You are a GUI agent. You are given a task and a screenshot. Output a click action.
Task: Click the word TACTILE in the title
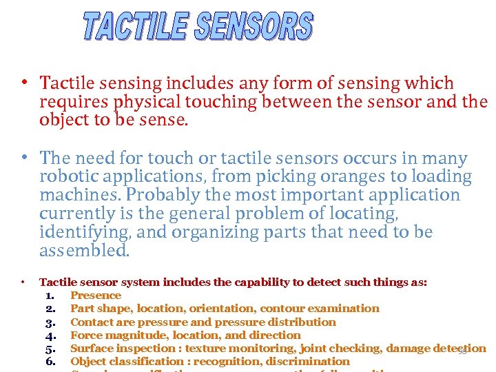coord(135,27)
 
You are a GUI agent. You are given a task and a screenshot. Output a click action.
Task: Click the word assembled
coord(84,251)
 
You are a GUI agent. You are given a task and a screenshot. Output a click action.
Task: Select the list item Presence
coord(96,296)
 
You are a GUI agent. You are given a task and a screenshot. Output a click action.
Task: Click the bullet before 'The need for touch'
coord(24,157)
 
